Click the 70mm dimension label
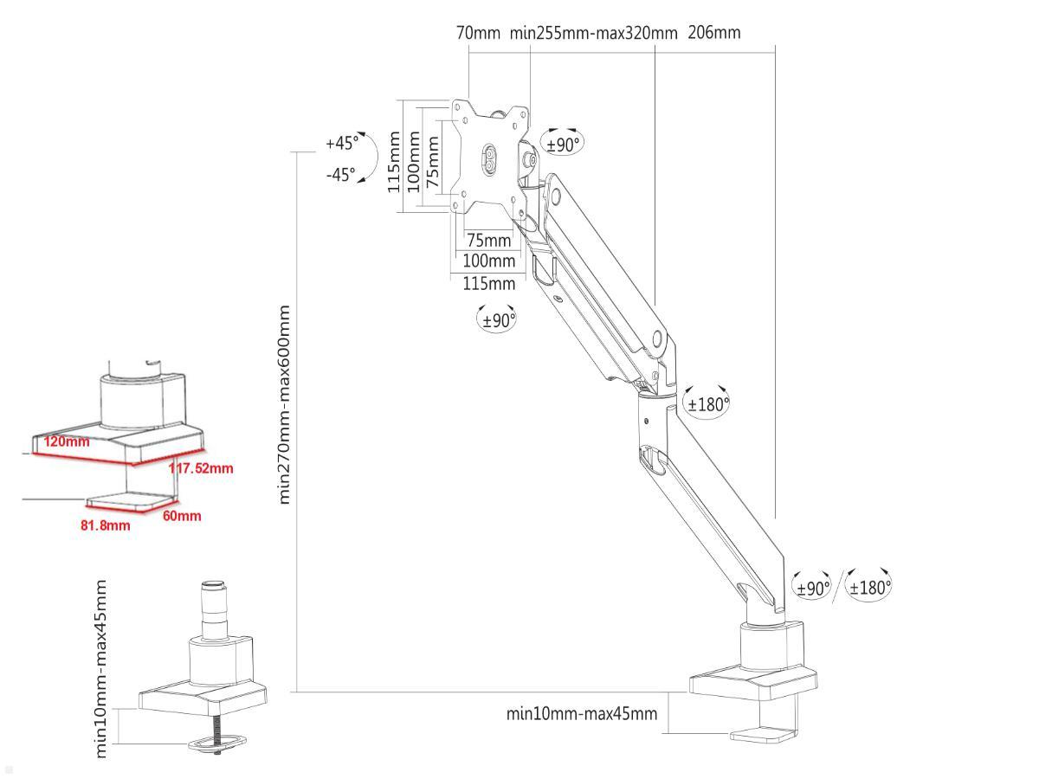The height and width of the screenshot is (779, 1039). (478, 33)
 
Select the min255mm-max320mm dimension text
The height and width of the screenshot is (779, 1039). (593, 33)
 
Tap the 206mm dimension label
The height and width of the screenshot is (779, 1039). (714, 33)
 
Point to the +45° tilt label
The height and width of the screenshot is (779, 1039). (342, 143)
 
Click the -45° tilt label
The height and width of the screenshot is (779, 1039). (340, 175)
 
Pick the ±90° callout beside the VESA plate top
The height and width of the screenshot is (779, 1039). (563, 144)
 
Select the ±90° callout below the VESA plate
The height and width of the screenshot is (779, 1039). (498, 319)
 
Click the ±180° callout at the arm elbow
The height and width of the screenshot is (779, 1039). (707, 403)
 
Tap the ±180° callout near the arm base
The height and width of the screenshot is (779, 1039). (869, 588)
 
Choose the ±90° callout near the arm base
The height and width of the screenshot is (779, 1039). (812, 588)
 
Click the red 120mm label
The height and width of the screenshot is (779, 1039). (67, 441)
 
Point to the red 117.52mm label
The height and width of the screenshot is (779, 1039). (201, 468)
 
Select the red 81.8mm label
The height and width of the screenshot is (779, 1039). (106, 525)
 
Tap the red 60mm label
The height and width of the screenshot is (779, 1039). (182, 516)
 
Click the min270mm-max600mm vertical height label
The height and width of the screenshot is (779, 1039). (285, 403)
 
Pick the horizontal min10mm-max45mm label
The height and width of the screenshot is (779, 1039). (581, 714)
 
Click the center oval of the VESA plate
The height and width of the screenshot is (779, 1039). (489, 161)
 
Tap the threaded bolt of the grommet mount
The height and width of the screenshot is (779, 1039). (216, 728)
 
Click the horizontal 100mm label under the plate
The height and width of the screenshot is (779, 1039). (488, 261)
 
